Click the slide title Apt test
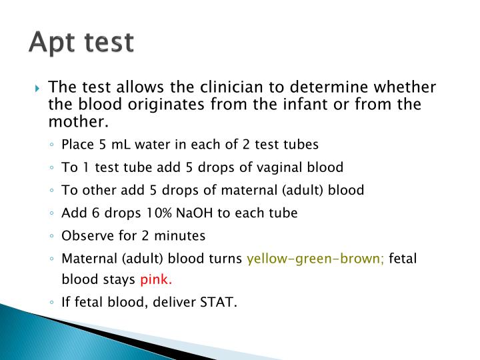point(81,42)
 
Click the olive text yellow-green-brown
point(315,259)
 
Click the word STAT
point(219,302)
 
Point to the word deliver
point(177,302)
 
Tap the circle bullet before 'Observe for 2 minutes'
point(53,236)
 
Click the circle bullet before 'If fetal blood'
point(53,303)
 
